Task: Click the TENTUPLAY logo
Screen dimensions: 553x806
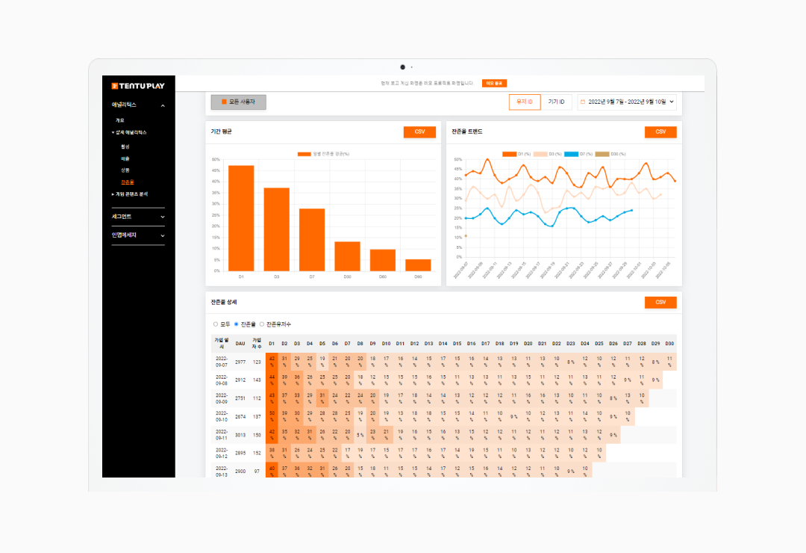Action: [138, 86]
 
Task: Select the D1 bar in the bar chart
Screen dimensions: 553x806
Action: [241, 217]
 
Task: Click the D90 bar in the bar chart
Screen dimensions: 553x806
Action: [418, 265]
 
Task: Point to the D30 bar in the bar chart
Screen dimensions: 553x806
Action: [347, 256]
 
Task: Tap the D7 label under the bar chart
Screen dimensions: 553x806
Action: [312, 276]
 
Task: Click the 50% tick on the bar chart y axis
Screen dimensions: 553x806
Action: [216, 159]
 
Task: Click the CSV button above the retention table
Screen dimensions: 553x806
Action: [660, 303]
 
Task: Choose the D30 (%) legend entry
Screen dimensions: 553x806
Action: [613, 154]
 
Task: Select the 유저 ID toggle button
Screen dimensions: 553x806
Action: [525, 102]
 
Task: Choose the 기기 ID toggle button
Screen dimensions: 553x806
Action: [556, 102]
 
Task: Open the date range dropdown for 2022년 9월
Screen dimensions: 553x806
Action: [627, 102]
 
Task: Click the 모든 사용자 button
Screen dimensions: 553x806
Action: [238, 102]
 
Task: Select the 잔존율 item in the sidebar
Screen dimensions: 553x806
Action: [128, 182]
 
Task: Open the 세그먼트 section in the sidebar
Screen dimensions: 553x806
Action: [138, 217]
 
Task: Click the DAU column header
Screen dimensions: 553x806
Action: [240, 344]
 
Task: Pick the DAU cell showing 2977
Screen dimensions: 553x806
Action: [240, 362]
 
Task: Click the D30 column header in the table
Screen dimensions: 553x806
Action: [669, 344]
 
